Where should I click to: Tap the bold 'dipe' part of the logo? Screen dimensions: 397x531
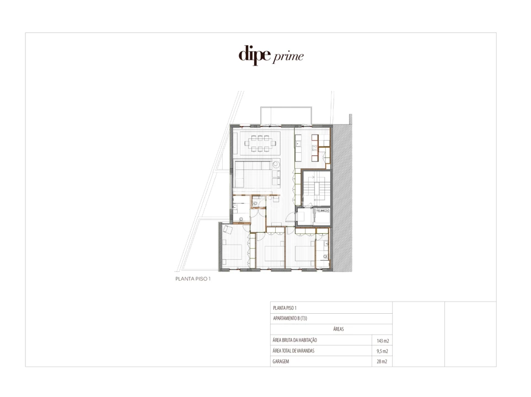[255, 55]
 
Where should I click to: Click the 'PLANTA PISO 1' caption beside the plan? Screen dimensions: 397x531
[193, 279]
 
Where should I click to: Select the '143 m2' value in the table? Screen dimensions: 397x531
[382, 341]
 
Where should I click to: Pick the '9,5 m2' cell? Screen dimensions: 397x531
[382, 351]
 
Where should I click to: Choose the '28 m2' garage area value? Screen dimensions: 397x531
[382, 362]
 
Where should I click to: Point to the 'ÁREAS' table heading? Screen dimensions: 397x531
[339, 329]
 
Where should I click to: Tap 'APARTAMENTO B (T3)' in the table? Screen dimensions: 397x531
[290, 319]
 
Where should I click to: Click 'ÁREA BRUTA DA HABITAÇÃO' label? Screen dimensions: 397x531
[295, 340]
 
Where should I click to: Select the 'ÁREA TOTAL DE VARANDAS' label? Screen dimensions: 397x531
[293, 351]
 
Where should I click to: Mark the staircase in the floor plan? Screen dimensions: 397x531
[316, 187]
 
